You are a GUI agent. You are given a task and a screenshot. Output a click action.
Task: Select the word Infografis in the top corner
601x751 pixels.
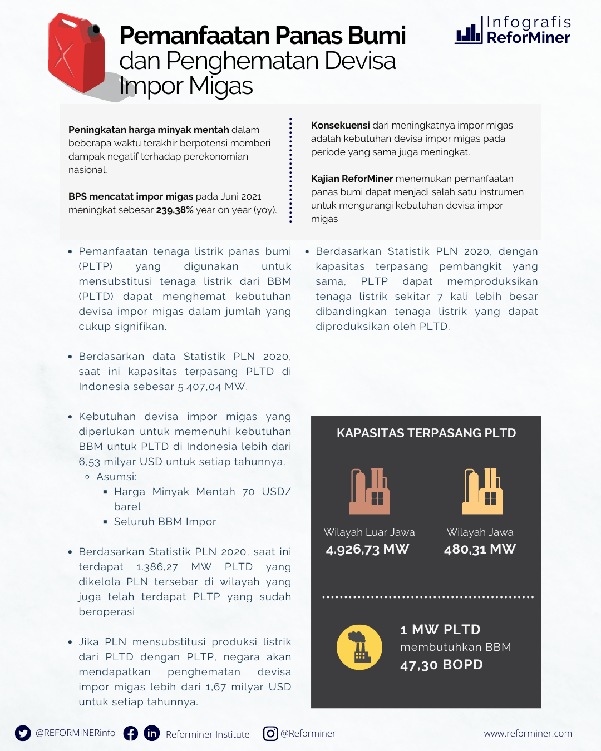pyautogui.click(x=529, y=22)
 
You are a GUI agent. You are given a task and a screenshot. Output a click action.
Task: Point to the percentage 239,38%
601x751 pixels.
pyautogui.click(x=175, y=210)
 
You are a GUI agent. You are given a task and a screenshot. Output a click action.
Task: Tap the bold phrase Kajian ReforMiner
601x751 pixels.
pyautogui.click(x=352, y=179)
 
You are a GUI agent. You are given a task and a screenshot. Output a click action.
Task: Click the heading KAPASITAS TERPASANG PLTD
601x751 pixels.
pyautogui.click(x=426, y=433)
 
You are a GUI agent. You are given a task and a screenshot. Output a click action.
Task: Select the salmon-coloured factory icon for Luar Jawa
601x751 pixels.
pyautogui.click(x=369, y=491)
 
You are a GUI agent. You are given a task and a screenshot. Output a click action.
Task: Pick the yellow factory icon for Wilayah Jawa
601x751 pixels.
pyautogui.click(x=482, y=491)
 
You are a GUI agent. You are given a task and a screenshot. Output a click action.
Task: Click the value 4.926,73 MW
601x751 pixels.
pyautogui.click(x=367, y=550)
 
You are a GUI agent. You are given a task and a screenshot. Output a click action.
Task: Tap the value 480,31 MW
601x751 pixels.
pyautogui.click(x=480, y=550)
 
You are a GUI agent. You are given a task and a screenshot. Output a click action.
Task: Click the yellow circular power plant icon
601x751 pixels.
pyautogui.click(x=359, y=647)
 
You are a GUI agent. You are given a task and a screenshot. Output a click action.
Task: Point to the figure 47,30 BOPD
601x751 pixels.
pyautogui.click(x=441, y=665)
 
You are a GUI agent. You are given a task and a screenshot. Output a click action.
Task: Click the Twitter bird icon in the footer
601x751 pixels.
pyautogui.click(x=23, y=733)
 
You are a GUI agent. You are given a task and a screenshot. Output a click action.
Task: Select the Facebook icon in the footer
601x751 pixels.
pyautogui.click(x=131, y=733)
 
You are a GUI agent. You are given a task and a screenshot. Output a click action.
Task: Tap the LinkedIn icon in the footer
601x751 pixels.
pyautogui.click(x=152, y=733)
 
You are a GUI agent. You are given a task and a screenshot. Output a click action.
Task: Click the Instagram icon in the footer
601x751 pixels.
pyautogui.click(x=270, y=734)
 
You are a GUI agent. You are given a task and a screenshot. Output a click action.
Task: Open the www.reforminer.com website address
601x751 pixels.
pyautogui.click(x=528, y=734)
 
